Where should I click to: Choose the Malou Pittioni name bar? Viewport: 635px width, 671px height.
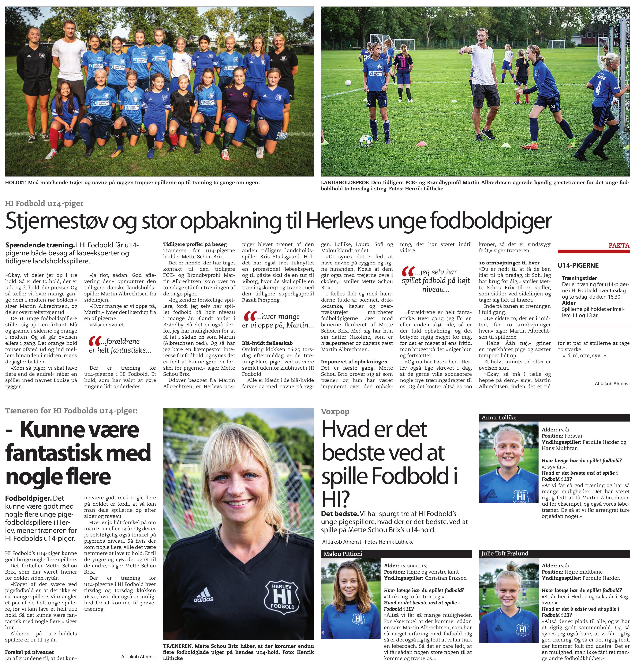(x=343, y=554)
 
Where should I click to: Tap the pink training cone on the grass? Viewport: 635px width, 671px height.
(x=421, y=143)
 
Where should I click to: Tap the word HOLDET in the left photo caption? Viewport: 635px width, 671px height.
(x=16, y=183)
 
